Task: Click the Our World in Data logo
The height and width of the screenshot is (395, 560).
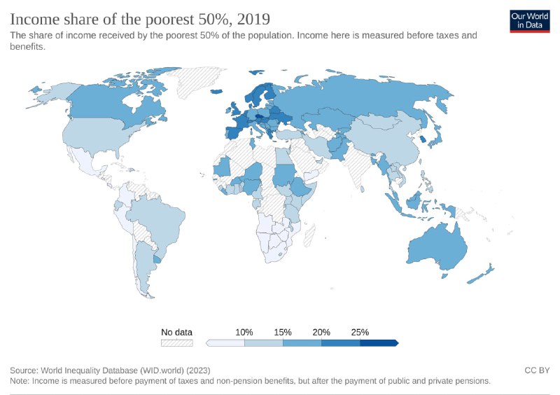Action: coord(529,20)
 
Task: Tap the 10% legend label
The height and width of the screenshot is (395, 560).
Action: coord(244,332)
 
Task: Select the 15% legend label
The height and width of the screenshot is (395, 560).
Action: coord(282,332)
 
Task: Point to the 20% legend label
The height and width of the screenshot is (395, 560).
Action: coord(321,332)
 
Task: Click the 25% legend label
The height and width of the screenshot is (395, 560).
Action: coord(359,332)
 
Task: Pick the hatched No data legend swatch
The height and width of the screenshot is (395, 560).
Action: coord(176,343)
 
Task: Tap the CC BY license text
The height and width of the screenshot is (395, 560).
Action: coord(536,369)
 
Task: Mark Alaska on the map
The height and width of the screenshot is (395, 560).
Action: coord(46,92)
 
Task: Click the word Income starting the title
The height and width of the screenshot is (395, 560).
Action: coord(34,18)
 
